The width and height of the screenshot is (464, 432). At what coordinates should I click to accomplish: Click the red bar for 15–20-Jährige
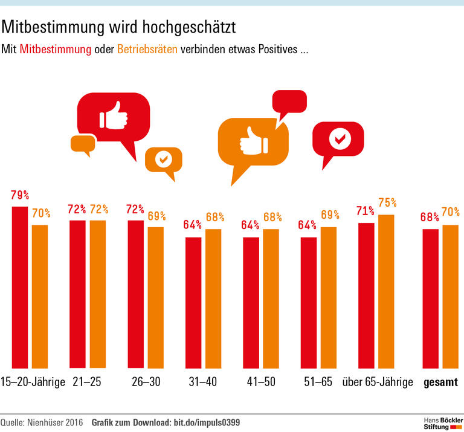point(20,287)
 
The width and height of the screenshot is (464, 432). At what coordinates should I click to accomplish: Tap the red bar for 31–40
point(193,302)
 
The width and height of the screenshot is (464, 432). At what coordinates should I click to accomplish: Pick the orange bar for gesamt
point(451,296)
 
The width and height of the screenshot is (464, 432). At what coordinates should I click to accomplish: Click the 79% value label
point(20,196)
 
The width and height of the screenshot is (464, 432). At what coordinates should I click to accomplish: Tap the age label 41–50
point(262,382)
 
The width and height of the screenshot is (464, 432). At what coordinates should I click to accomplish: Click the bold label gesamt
point(440,382)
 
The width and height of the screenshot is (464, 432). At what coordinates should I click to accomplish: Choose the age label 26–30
point(146,382)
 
